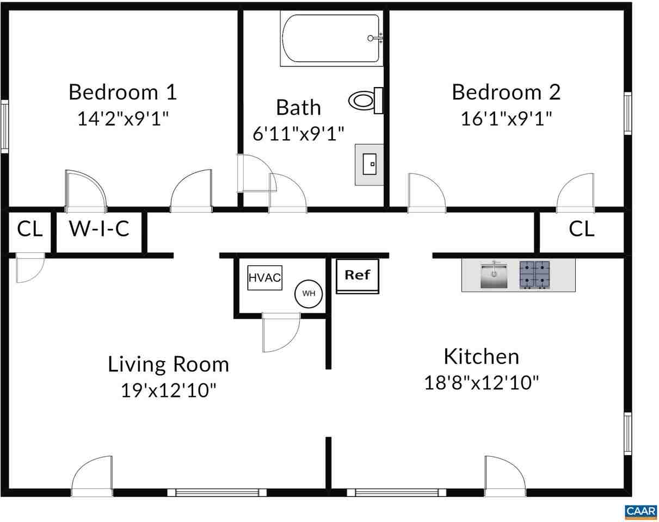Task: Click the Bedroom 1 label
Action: [x=122, y=92]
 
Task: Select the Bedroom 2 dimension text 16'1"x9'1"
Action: [x=506, y=118]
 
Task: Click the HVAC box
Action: [x=264, y=278]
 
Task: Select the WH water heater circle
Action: [x=309, y=294]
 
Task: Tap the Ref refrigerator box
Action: [x=357, y=276]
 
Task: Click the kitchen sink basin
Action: [x=494, y=275]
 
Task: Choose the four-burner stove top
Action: [x=534, y=275]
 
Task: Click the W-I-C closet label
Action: [x=99, y=229]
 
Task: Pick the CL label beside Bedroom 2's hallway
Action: [x=581, y=229]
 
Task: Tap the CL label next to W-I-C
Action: [x=29, y=229]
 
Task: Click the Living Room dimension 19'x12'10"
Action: [x=168, y=390]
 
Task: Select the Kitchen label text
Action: [x=481, y=357]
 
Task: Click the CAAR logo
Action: [x=640, y=512]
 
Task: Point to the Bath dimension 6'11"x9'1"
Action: [x=298, y=133]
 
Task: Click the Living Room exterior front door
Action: [x=91, y=476]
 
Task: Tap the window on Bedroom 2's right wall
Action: [x=627, y=113]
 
